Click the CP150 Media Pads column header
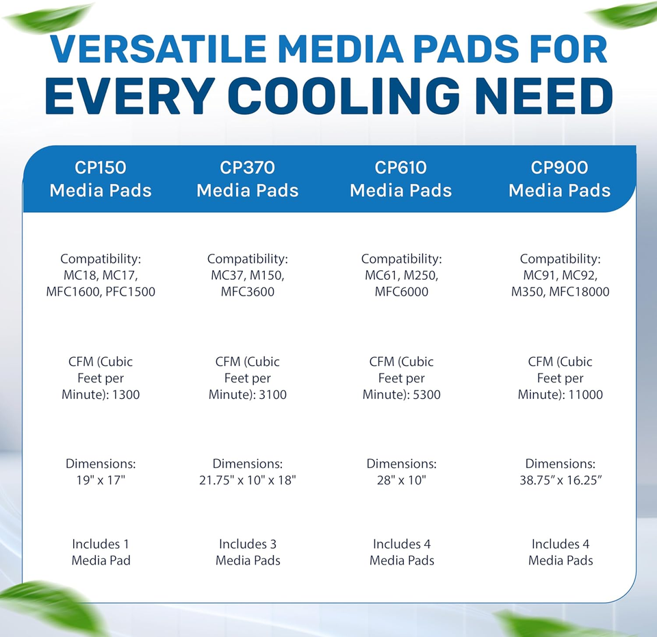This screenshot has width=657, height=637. point(101,179)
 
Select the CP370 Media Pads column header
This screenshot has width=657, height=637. point(248,179)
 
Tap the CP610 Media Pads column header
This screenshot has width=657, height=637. point(401,179)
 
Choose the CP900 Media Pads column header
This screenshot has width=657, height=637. point(560,179)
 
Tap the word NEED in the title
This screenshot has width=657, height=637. point(554,96)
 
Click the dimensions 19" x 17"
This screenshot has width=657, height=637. point(101,480)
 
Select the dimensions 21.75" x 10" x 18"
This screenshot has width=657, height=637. point(248,480)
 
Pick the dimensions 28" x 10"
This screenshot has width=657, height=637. point(401,480)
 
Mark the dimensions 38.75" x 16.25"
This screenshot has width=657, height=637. point(560,480)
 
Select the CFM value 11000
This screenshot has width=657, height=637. point(586,395)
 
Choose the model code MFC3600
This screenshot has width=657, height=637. point(248,292)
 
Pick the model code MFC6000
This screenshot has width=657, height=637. point(401,292)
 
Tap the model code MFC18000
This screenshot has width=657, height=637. point(578,292)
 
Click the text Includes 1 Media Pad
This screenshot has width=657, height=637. point(101,552)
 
